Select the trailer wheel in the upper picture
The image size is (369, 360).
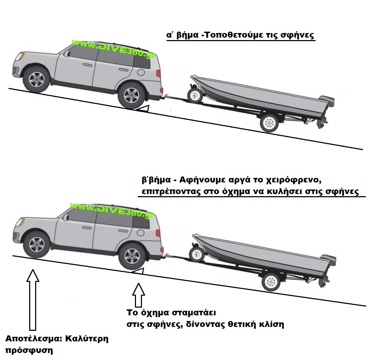point(269,122)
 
